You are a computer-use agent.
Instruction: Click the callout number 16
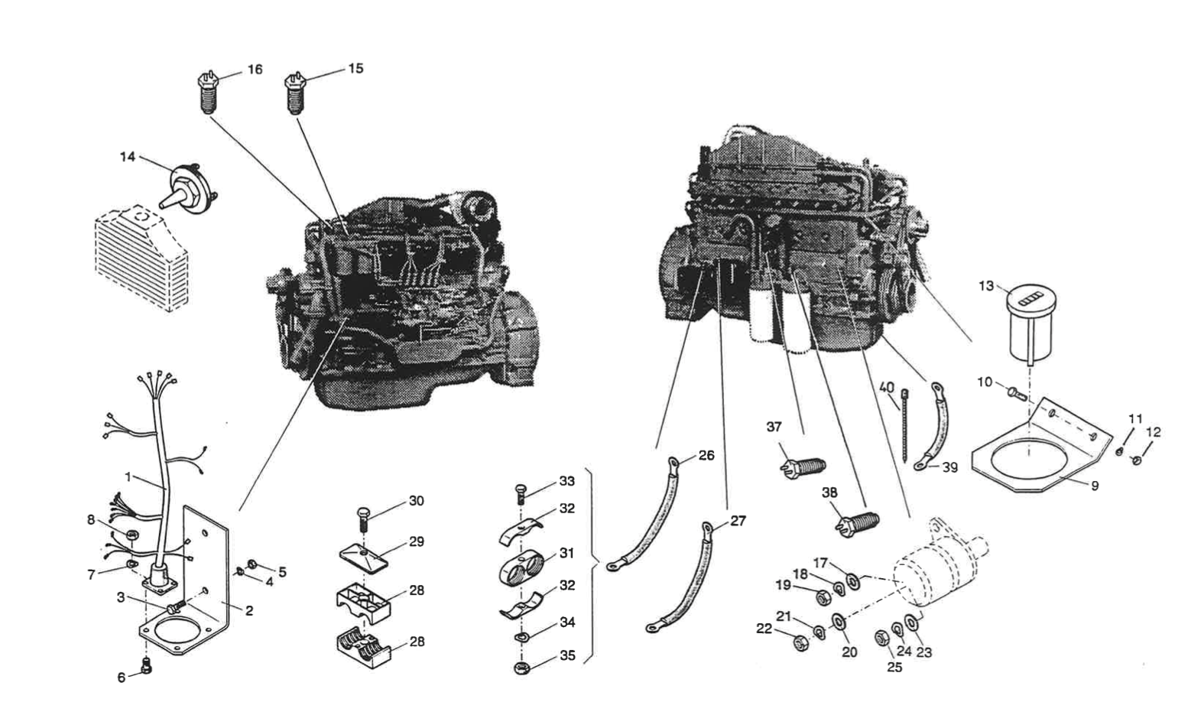coord(254,70)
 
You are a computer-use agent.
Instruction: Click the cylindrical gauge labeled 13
coord(1029,324)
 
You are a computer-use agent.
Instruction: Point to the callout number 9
coord(1095,485)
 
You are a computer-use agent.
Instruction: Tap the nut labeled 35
coord(523,668)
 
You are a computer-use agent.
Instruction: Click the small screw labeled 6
coord(148,669)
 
